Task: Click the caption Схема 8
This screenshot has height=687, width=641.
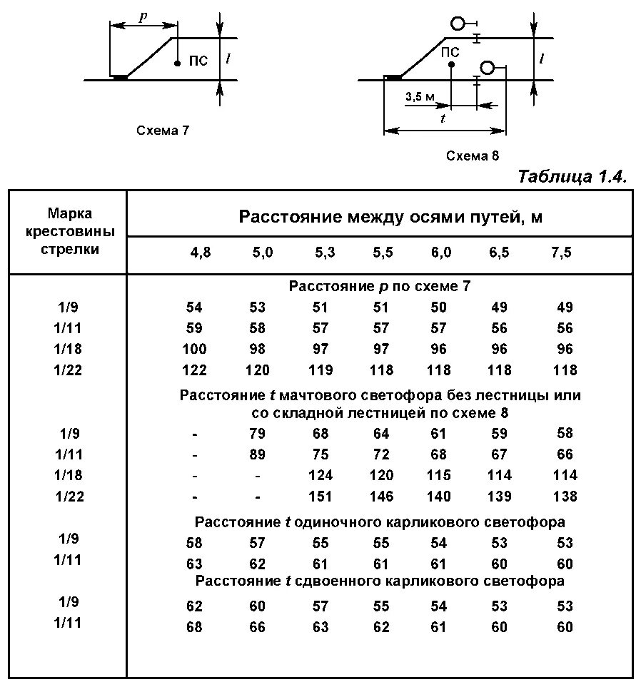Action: tap(472, 156)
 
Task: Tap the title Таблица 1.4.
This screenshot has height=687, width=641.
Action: tap(572, 177)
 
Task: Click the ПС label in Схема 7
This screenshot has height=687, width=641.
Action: tap(198, 61)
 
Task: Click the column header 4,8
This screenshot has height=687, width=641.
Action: tap(200, 253)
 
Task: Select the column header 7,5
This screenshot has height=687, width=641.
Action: tap(562, 253)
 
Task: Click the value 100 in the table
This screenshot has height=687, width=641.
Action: tap(194, 349)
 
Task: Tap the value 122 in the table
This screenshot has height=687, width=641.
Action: tap(194, 370)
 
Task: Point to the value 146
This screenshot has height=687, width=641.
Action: tap(381, 496)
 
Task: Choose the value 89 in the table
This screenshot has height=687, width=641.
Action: tap(257, 454)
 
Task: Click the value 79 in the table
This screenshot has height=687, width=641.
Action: tap(257, 433)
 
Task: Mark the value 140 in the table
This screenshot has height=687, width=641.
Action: tap(438, 496)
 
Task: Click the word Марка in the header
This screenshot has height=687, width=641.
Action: tap(70, 213)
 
